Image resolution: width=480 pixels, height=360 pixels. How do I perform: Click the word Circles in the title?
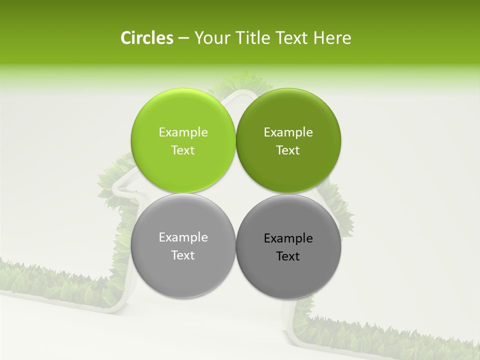147,38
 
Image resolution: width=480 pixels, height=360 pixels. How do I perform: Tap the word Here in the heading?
332,38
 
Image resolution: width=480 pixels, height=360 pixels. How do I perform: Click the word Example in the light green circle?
183,132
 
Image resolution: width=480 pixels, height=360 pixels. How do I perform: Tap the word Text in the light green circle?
183,150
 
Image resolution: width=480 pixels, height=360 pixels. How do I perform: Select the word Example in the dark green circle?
288,132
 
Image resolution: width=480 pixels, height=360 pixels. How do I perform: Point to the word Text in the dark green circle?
288,150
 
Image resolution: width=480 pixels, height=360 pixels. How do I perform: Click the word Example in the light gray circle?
183,237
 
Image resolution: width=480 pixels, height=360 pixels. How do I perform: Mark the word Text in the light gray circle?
183,255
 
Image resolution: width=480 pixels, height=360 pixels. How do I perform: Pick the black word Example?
288,238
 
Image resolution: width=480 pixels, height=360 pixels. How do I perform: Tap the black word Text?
288,256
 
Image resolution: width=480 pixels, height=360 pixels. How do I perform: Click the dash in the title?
183,38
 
